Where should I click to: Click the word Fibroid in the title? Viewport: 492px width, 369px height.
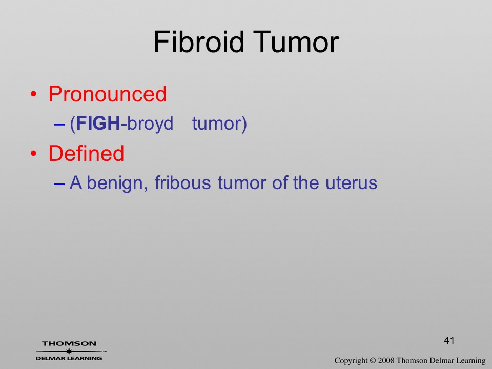199,42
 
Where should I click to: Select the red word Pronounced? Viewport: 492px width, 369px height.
107,94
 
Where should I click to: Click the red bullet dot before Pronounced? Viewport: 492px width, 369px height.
34,94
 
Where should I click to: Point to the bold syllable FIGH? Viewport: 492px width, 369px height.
98,123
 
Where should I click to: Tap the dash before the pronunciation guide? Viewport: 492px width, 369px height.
59,124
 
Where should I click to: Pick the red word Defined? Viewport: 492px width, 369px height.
86,153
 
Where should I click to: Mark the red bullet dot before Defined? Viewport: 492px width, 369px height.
34,153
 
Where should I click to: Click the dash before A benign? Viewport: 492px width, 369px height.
59,183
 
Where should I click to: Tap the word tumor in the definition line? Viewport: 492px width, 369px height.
242,183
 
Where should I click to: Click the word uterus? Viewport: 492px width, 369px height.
351,183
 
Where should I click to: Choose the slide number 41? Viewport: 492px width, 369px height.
449,340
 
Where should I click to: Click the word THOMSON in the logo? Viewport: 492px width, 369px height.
69,343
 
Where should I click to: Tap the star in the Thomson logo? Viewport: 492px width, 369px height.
69,351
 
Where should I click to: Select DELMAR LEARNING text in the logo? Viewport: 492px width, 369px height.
69,358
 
